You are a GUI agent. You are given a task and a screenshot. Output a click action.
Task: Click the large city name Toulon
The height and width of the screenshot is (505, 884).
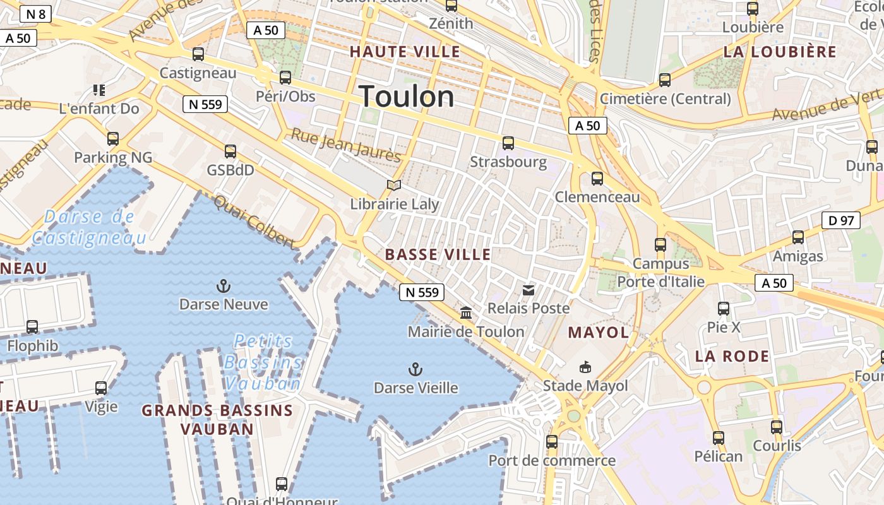pos(407,97)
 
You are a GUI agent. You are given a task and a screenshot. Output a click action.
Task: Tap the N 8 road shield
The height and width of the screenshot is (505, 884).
pos(35,14)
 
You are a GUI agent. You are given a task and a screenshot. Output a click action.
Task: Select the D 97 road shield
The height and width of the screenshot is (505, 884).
pos(841,220)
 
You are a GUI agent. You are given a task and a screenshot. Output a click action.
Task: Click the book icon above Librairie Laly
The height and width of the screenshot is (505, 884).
pos(394,185)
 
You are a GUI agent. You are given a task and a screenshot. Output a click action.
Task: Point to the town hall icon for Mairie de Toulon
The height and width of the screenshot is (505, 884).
pos(466,312)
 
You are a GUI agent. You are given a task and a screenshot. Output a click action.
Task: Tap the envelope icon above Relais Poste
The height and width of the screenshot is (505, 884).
pos(529,290)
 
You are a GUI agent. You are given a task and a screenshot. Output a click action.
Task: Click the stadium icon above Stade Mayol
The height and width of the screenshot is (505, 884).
pos(585,367)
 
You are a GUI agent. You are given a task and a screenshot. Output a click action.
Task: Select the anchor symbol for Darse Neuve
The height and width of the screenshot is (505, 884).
pos(223,286)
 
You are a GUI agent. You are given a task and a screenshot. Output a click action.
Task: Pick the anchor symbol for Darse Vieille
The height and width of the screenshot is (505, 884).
pos(415,369)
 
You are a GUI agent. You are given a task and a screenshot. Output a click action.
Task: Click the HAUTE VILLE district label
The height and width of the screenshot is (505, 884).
pos(405,52)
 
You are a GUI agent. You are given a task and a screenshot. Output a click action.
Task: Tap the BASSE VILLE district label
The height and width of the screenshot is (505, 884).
pos(438,254)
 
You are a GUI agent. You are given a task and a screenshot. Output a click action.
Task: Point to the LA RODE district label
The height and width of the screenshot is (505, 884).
pos(732,356)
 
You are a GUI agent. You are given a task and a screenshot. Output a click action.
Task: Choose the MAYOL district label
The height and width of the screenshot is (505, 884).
pos(598,333)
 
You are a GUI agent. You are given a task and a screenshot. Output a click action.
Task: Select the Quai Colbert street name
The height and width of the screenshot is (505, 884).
pos(254,221)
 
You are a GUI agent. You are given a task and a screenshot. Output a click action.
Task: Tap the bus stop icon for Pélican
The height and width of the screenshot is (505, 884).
pos(718,437)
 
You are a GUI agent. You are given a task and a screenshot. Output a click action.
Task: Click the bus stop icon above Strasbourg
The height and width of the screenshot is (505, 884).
pos(508,143)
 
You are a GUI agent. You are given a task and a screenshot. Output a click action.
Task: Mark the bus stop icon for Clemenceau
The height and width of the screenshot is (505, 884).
pos(597,179)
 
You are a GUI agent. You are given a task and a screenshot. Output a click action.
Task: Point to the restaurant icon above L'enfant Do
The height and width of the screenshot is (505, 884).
pos(99,90)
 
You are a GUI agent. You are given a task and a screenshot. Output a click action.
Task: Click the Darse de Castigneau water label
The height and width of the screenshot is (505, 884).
pos(89,227)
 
